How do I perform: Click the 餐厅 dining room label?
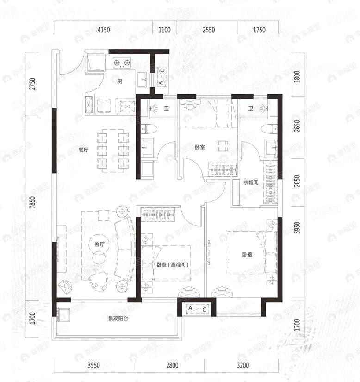(83, 150)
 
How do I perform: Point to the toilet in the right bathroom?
(267, 129)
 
